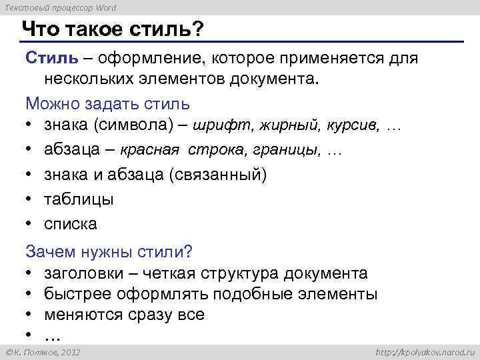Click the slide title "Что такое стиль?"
(113, 30)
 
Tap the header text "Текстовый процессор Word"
(59, 7)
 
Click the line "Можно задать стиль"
(107, 104)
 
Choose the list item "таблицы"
(79, 199)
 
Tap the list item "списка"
(71, 223)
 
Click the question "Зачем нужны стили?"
(109, 251)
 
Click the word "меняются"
(79, 314)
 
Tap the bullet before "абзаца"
(30, 151)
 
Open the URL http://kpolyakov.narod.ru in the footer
(423, 351)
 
